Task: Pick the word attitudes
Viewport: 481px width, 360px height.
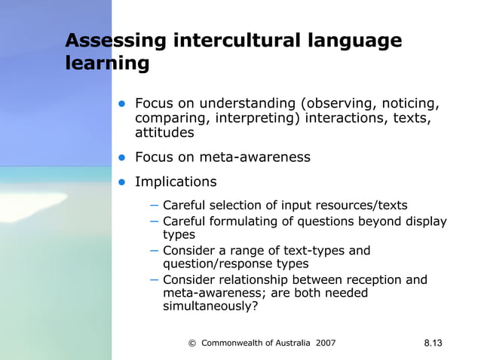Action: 164,133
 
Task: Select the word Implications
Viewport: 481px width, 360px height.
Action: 176,182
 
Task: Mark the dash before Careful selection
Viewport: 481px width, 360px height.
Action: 155,204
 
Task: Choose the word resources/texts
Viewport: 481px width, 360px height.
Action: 362,205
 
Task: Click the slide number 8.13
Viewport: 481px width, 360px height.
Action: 433,343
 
